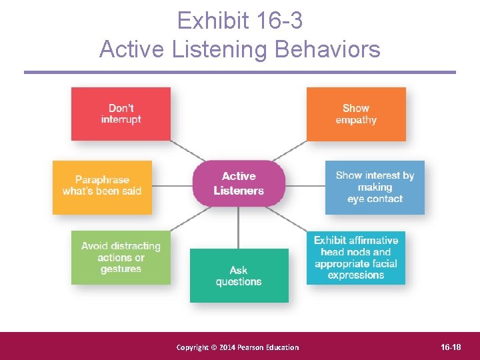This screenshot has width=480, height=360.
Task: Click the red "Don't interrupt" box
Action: coord(121,114)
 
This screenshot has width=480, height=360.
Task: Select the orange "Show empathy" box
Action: coord(356,114)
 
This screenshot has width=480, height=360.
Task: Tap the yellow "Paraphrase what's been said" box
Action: coord(102,186)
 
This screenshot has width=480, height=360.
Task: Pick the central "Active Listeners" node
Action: coord(239,183)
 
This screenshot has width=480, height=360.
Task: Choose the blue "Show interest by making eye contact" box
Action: coord(375,187)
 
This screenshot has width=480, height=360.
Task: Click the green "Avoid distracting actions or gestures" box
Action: coord(121,258)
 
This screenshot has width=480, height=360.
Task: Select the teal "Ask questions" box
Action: coord(239,275)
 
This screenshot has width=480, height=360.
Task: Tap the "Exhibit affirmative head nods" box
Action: coord(356,258)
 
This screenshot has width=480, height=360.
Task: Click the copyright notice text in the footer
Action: coord(237,347)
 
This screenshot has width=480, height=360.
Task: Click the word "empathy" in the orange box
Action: coord(356,121)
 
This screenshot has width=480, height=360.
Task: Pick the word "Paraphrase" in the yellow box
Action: coord(102,180)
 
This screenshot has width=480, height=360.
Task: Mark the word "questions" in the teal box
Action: coord(239,282)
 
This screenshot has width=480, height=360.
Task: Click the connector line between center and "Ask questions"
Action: coord(239,227)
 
